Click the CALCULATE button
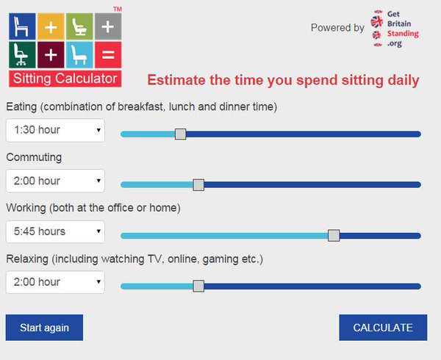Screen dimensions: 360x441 (383, 328)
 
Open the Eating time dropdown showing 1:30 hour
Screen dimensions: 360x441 (55, 130)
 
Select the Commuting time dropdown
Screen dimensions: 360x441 (55, 181)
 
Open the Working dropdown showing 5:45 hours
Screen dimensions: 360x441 (55, 231)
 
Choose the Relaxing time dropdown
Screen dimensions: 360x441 (55, 282)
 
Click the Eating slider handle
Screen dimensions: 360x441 (181, 134)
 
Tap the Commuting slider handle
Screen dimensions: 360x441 (198, 184)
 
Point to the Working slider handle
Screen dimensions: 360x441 (334, 235)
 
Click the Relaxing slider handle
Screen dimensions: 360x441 (198, 286)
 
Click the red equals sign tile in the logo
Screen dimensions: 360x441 (108, 54)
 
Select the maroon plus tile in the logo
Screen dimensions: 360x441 (51, 54)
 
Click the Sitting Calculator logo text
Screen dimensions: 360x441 (65, 78)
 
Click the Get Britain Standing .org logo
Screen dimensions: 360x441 (395, 29)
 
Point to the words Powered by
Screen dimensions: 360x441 (337, 28)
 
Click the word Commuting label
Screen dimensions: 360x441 (34, 157)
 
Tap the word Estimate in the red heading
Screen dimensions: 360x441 (174, 79)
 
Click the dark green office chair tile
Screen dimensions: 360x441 (22, 54)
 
